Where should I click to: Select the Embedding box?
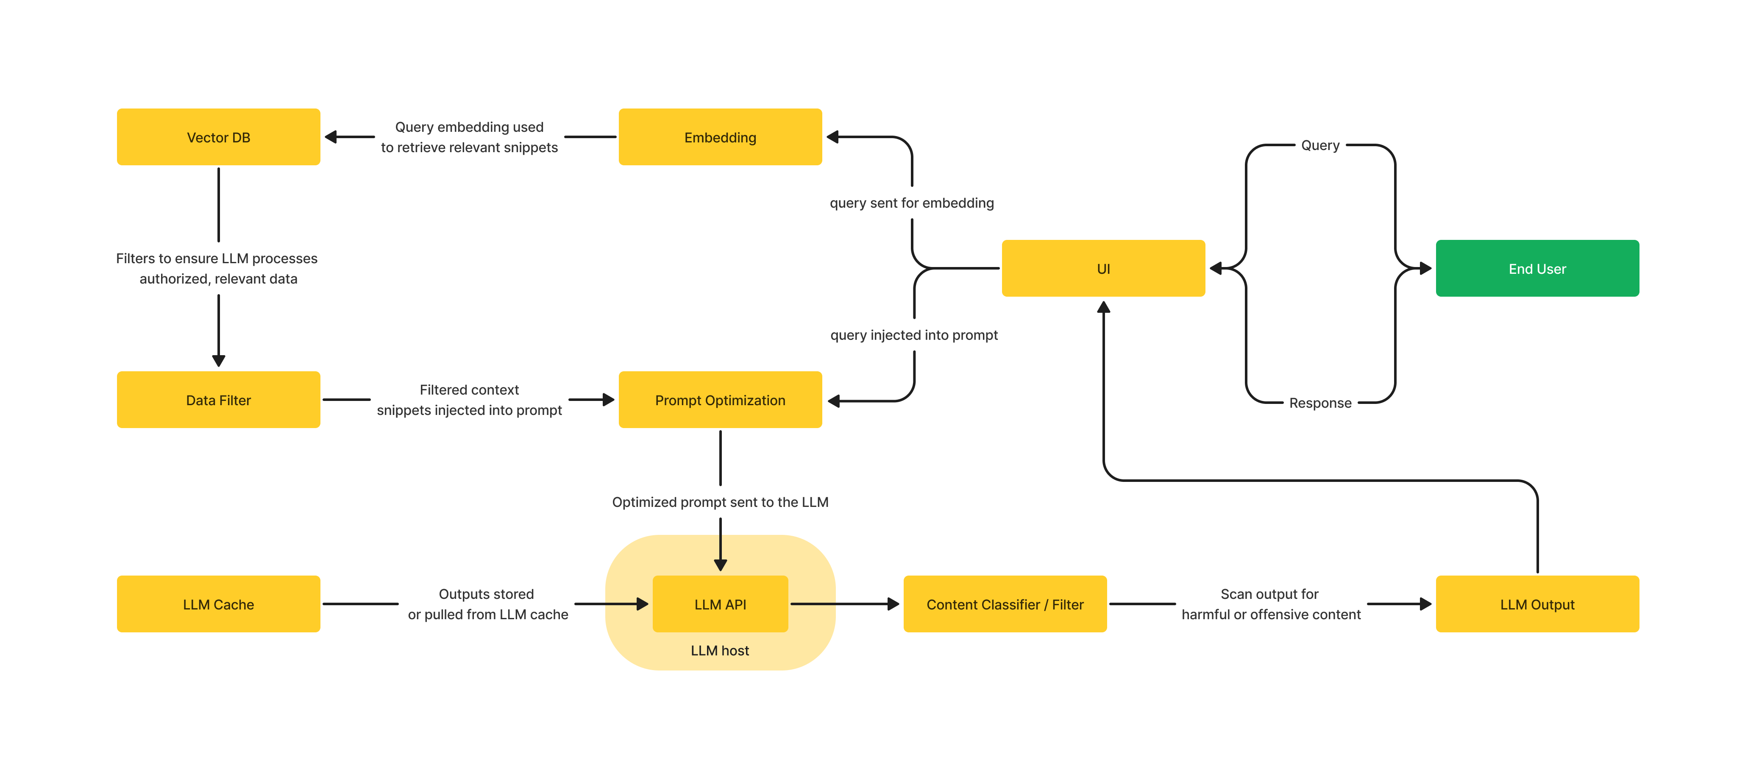720,137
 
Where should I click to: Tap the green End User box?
1537,269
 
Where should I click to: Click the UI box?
1103,269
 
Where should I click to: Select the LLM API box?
720,604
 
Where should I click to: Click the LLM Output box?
1537,604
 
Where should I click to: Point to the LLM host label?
720,650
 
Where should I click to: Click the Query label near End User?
1320,145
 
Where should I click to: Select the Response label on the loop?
1320,403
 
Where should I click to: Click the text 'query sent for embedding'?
911,203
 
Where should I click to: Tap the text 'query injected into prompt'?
913,335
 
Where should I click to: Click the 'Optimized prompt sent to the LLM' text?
720,502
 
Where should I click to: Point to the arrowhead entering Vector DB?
331,137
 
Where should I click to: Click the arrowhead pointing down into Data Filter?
219,360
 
